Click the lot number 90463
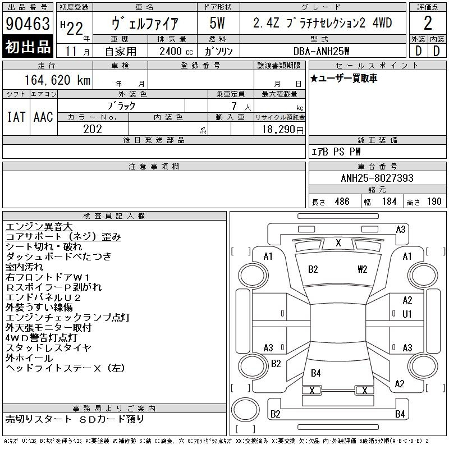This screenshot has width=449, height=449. [x=28, y=23]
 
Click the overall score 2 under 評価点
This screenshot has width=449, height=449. [x=428, y=23]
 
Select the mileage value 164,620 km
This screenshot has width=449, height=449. [x=58, y=80]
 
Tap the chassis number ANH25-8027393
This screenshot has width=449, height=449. [x=377, y=178]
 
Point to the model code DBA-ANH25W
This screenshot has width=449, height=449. [x=322, y=51]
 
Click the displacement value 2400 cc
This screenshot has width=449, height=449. [x=176, y=51]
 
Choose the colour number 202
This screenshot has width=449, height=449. [x=93, y=129]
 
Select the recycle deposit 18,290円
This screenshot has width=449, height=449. [x=283, y=130]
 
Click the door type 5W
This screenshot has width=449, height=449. [x=217, y=23]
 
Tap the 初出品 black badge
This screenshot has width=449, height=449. [x=28, y=47]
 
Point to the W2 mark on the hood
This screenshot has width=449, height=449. [x=362, y=269]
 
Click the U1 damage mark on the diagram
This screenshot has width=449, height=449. [x=407, y=314]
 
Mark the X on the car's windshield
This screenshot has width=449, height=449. [x=338, y=243]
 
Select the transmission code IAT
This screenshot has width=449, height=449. [x=16, y=117]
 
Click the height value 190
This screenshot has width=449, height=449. [x=434, y=201]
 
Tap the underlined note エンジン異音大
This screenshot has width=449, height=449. [x=39, y=227]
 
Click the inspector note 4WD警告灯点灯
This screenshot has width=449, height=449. [x=41, y=338]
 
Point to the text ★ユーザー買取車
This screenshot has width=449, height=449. [x=343, y=78]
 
